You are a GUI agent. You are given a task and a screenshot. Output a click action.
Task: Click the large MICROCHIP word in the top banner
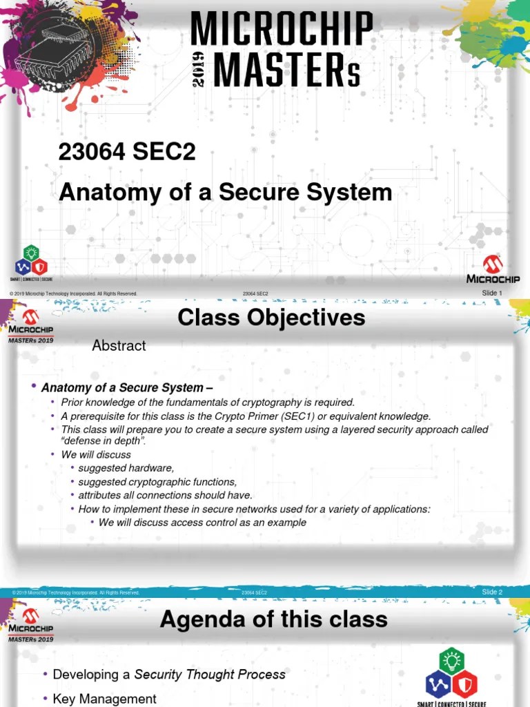[282, 30]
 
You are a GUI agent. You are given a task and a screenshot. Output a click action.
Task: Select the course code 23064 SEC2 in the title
[127, 153]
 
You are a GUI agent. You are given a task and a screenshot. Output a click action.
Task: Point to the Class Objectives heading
[271, 318]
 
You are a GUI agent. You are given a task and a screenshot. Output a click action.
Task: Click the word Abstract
[119, 346]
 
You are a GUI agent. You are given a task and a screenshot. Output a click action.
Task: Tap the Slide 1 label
[492, 293]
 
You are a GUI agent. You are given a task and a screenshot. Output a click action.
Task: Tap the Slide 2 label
[492, 592]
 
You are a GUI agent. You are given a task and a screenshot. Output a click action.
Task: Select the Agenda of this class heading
[273, 619]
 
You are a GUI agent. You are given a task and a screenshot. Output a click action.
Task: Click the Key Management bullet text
[105, 699]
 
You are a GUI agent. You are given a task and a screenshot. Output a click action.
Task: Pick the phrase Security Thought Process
[210, 675]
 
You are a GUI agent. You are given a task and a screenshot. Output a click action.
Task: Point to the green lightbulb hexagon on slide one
[32, 253]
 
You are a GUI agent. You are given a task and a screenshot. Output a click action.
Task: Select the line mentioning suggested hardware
[126, 469]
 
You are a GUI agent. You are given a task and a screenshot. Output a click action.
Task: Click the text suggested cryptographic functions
[157, 482]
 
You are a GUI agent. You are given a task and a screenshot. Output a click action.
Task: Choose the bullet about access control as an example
[202, 523]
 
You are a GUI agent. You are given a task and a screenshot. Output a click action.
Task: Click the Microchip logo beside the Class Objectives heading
[30, 323]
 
